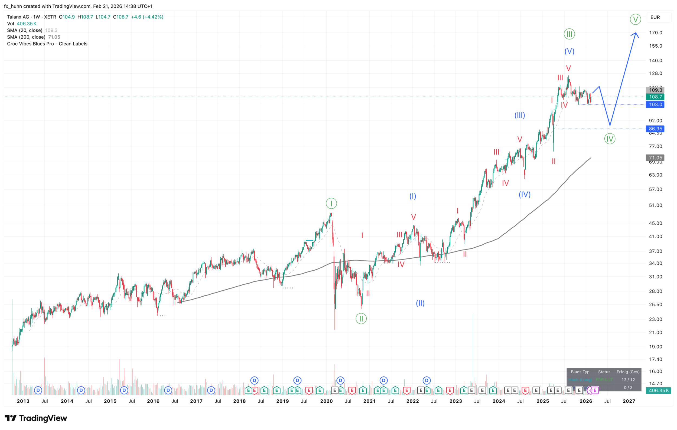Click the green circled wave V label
pyautogui.click(x=635, y=19)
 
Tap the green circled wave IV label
pyautogui.click(x=610, y=139)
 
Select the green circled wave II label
pyautogui.click(x=361, y=319)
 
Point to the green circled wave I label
pyautogui.click(x=331, y=203)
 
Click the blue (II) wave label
pyautogui.click(x=420, y=303)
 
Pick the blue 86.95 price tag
pyautogui.click(x=655, y=129)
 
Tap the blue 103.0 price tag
pyautogui.click(x=655, y=104)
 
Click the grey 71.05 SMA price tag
pyautogui.click(x=655, y=158)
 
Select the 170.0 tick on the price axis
pyautogui.click(x=655, y=33)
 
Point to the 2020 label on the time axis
pyautogui.click(x=326, y=401)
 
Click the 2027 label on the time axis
pyautogui.click(x=629, y=401)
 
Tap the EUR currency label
pyautogui.click(x=655, y=17)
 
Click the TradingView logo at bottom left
pyautogui.click(x=36, y=418)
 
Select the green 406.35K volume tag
pyautogui.click(x=658, y=390)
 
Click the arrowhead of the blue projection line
pyautogui.click(x=635, y=34)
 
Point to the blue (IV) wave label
pyautogui.click(x=524, y=194)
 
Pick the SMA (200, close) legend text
pyautogui.click(x=26, y=37)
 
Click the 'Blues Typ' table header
pyautogui.click(x=580, y=372)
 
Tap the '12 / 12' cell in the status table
pyautogui.click(x=628, y=380)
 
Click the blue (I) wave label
pyautogui.click(x=412, y=196)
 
